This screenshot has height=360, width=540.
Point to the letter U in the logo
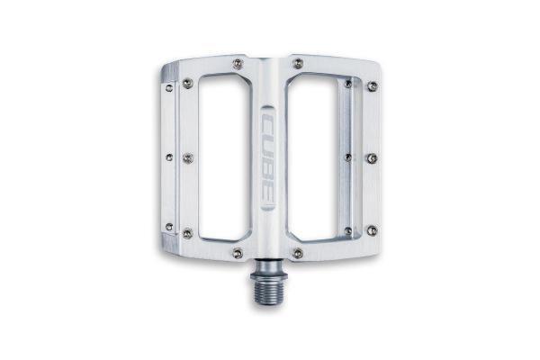tap(268, 145)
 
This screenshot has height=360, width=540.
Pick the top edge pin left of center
tap(238, 63)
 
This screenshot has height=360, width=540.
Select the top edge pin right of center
tap(298, 63)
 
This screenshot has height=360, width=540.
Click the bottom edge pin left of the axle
tap(238, 253)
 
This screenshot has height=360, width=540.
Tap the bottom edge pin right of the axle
tap(298, 253)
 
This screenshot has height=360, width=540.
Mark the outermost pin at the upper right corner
tap(372, 86)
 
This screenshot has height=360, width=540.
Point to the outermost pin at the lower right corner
tap(372, 230)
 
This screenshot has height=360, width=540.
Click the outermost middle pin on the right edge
tap(372, 158)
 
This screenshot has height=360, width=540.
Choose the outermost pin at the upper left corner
tap(169, 87)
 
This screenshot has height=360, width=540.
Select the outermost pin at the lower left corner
tap(169, 227)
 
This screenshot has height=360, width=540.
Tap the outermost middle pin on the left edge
tap(169, 157)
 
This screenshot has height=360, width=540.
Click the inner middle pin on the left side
tap(188, 157)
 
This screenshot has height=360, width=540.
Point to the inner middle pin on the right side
tap(348, 157)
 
